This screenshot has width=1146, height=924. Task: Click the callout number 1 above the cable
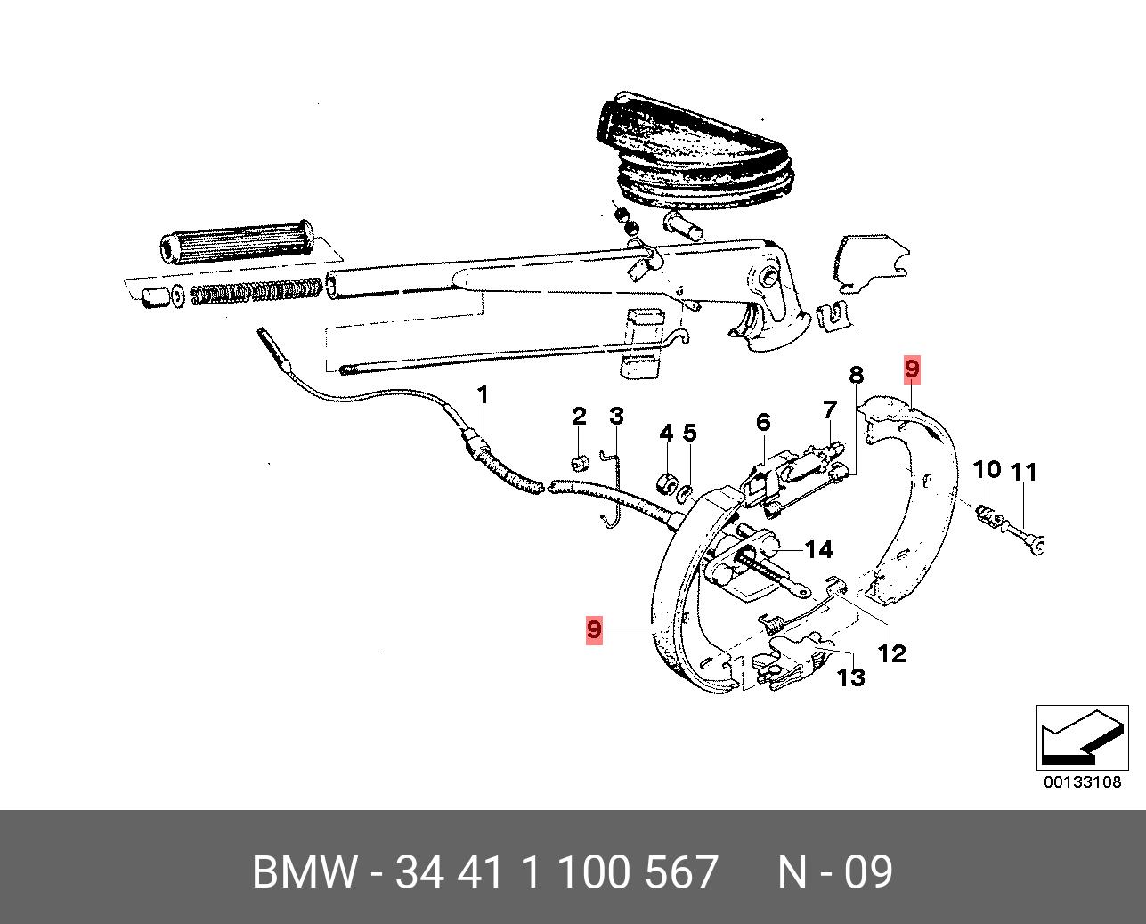point(483,396)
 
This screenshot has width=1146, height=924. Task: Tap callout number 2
point(579,416)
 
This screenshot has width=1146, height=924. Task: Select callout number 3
point(616,416)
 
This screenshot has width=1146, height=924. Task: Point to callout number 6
point(763,422)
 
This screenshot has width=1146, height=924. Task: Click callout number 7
point(830,409)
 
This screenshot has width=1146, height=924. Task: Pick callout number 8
point(856,375)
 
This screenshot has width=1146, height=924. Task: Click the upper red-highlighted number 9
point(912,369)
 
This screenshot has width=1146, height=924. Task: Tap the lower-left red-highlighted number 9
point(594,629)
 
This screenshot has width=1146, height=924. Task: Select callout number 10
point(987,470)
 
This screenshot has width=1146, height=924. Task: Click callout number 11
point(1024,473)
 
